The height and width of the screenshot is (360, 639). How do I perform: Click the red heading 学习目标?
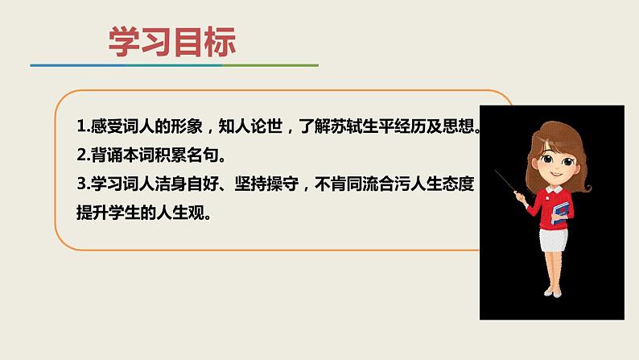tap(172, 43)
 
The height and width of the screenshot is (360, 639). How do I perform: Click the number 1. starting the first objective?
tap(82, 128)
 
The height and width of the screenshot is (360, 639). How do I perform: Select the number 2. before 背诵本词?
tap(82, 156)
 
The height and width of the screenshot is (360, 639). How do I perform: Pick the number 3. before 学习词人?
tap(82, 184)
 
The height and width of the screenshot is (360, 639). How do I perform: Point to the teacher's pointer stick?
tap(507, 182)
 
